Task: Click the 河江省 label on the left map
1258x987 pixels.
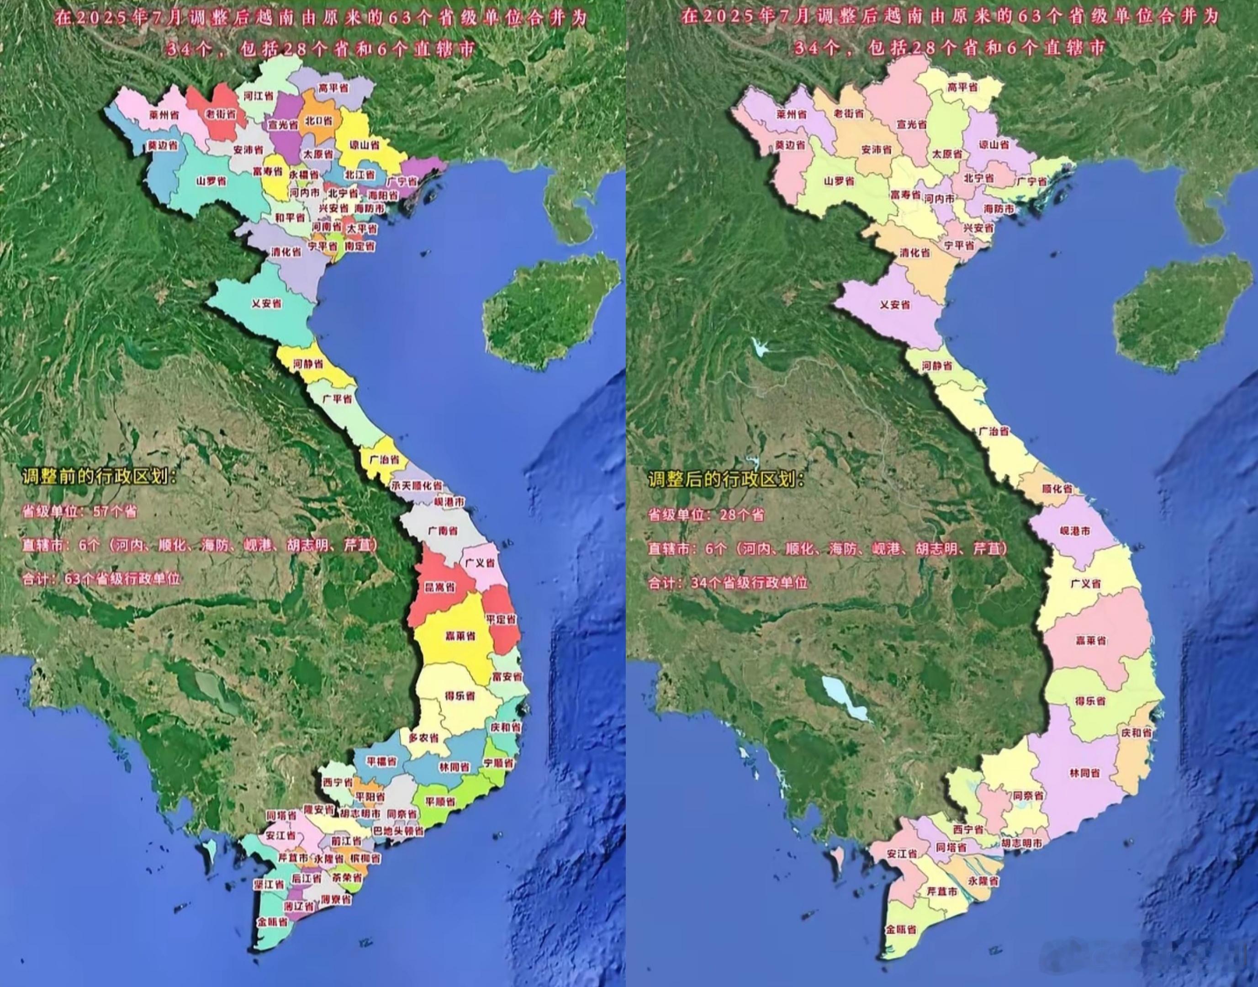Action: click(258, 96)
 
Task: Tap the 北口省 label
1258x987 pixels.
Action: click(318, 121)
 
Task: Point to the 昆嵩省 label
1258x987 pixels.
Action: click(440, 587)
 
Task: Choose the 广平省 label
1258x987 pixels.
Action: click(337, 399)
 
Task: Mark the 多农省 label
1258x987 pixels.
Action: click(423, 738)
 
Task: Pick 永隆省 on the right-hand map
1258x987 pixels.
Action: click(983, 882)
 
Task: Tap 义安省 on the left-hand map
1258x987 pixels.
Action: click(266, 303)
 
